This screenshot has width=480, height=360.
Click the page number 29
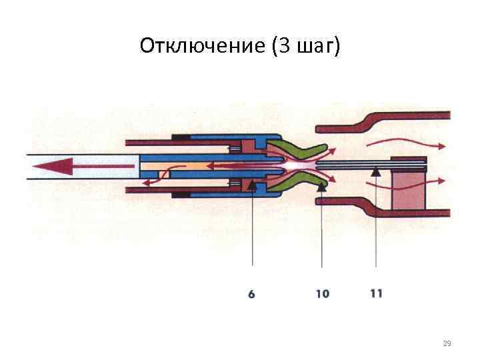point(447,343)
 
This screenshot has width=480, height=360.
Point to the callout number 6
point(251,293)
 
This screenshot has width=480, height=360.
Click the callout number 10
point(322,293)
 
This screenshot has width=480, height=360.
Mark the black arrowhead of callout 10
point(322,186)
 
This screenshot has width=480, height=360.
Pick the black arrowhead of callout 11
point(376,171)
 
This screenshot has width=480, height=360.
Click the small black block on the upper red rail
point(181,137)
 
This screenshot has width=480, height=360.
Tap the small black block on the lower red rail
point(181,195)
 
